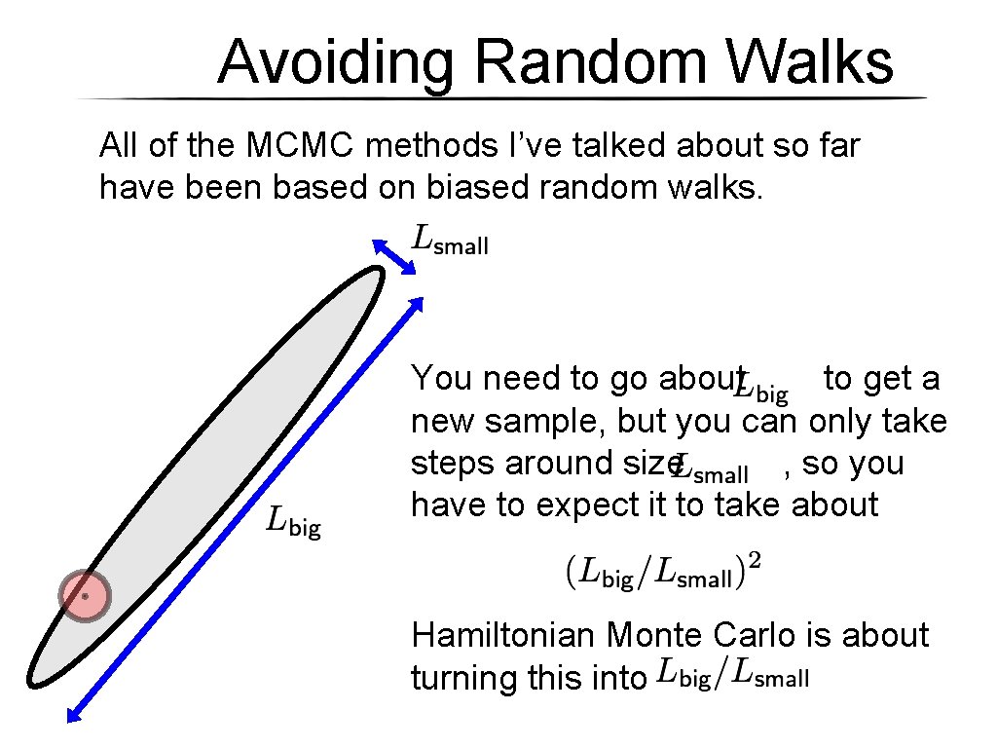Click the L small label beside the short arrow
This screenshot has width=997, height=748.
451,240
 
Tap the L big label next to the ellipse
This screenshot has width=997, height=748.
294,523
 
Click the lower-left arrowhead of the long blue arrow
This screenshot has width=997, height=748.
73,717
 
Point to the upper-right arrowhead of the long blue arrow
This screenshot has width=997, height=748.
416,302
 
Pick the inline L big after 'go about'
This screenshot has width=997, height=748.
762,387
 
